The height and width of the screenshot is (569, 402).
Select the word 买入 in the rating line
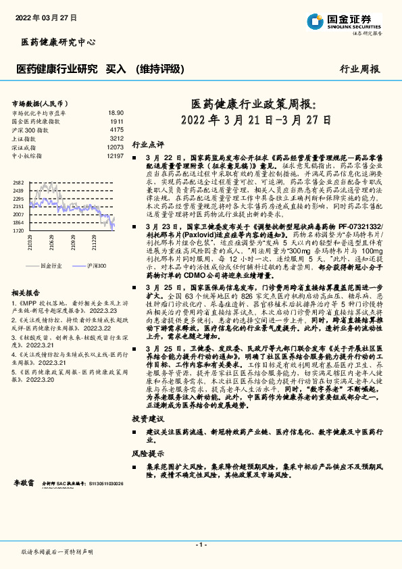point(116,69)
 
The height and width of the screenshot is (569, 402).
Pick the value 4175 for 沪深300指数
point(116,129)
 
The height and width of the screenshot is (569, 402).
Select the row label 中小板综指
point(27,155)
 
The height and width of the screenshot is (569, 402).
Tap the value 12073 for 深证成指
point(115,147)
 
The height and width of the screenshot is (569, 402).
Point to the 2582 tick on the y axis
point(18,183)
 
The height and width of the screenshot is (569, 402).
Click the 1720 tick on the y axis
point(18,230)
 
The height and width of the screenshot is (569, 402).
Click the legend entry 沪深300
point(96,266)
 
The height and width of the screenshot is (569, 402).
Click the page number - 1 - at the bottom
point(201,544)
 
